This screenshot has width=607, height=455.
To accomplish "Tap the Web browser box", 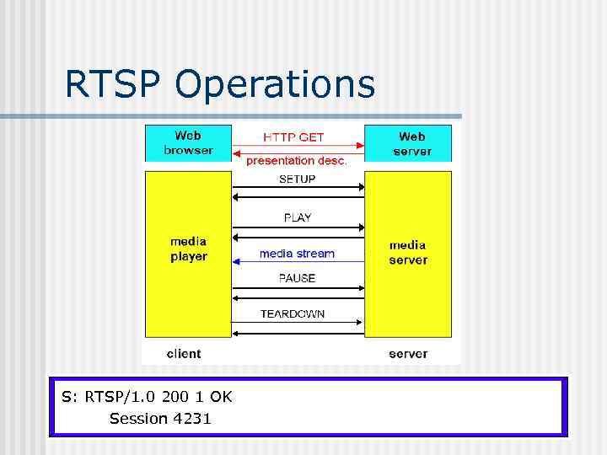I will [188, 143].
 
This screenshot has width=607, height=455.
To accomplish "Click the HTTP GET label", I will [293, 136].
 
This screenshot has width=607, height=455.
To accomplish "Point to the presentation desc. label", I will [297, 161].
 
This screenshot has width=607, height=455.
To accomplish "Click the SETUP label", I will [297, 179].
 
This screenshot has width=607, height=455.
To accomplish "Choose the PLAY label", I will [297, 217].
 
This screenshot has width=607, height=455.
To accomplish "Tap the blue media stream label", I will [297, 253].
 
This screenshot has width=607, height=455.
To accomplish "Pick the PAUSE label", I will [297, 278].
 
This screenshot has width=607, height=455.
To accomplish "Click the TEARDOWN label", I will [293, 313].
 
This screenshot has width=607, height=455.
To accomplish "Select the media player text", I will [188, 249].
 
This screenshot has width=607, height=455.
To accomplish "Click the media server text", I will [408, 253].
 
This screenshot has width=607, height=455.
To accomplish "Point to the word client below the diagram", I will [184, 353].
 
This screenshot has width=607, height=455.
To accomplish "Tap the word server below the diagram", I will [408, 353].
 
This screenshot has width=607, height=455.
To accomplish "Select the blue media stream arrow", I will [297, 263].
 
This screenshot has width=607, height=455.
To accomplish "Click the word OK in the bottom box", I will [222, 396].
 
